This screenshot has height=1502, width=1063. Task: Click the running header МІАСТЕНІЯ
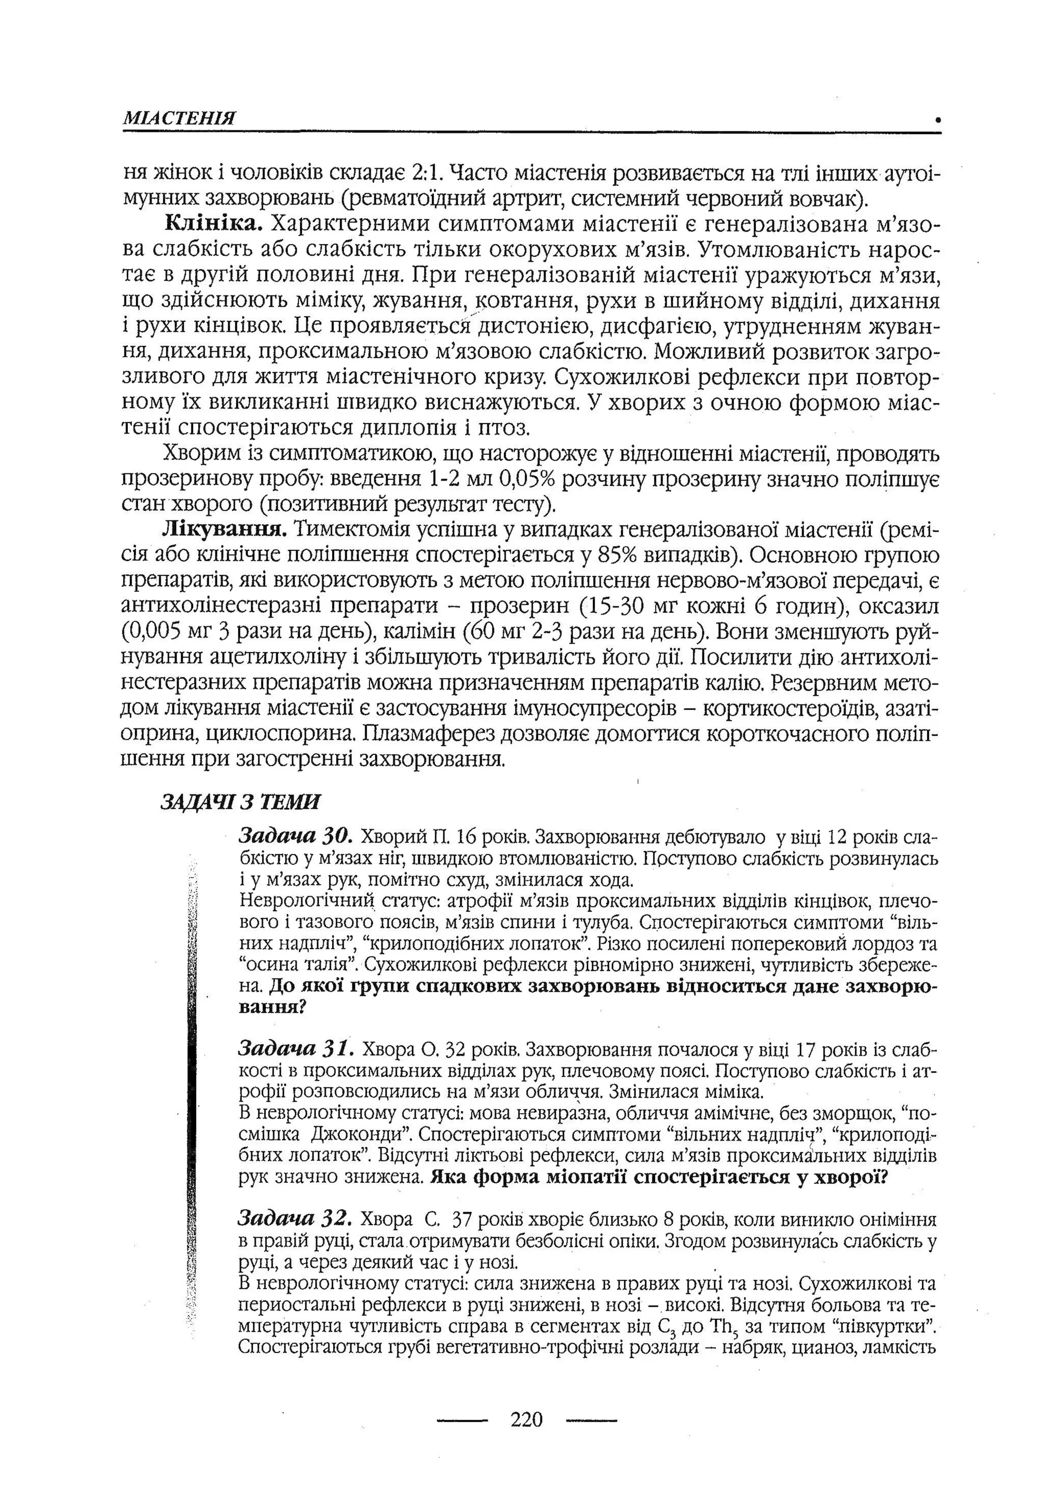click(x=179, y=118)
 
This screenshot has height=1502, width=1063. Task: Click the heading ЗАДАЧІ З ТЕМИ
click(x=240, y=803)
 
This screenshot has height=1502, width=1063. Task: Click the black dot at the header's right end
click(x=937, y=120)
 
